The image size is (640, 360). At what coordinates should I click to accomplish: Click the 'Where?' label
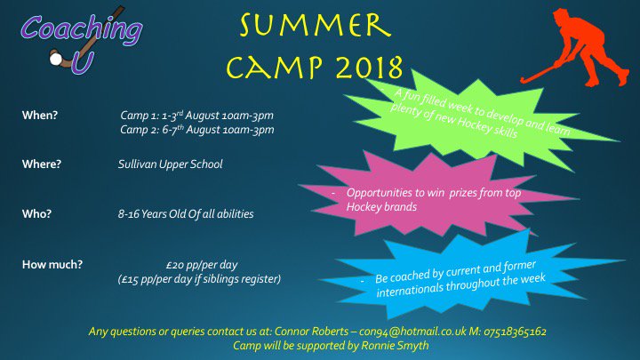click(42, 164)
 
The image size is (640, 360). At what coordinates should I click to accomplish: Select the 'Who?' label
click(37, 214)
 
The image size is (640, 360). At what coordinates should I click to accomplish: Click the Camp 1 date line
click(196, 116)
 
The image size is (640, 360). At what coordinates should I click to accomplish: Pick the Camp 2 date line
click(196, 130)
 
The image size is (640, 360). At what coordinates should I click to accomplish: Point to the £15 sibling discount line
click(199, 279)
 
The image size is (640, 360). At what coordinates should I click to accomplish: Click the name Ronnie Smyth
click(396, 346)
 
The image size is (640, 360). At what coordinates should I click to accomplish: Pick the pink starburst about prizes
click(435, 196)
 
